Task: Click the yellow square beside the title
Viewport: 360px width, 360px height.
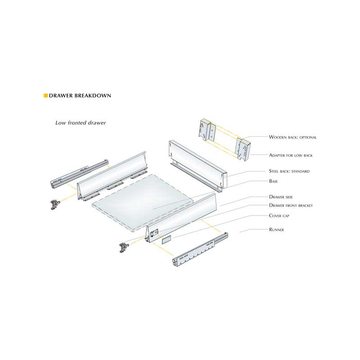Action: (46, 95)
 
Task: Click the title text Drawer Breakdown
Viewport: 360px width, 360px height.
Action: (80, 95)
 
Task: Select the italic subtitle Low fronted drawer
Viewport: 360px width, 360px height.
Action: (81, 123)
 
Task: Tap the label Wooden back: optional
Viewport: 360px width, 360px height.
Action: (293, 137)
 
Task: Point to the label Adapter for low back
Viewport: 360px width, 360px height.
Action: (291, 155)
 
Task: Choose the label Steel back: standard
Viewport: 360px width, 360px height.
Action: (289, 171)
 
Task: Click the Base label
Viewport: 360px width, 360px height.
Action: (274, 181)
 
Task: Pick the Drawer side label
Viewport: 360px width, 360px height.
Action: (281, 197)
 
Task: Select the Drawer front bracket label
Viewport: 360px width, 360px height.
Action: (291, 205)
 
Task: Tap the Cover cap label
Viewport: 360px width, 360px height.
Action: (279, 216)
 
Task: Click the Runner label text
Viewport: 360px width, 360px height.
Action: (276, 229)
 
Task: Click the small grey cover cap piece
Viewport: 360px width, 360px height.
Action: (166, 239)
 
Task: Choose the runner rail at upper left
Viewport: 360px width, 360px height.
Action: (79, 174)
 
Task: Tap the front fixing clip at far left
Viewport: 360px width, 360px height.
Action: (54, 204)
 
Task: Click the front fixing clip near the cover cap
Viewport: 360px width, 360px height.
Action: (124, 247)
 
